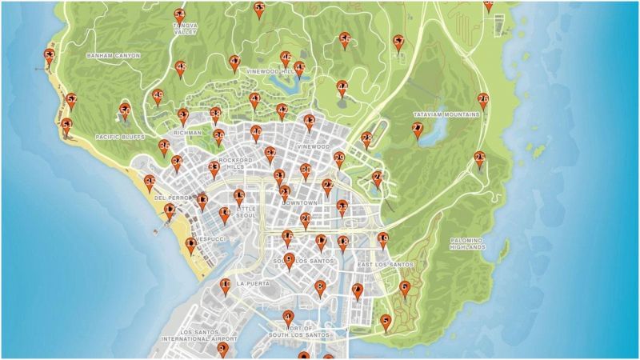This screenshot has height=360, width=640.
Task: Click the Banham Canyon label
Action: coord(113,56)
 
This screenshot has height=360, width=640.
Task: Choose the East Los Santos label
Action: coord(385,265)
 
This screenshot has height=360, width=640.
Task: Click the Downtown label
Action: coord(301,204)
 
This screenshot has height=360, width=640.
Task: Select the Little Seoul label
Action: coord(241,212)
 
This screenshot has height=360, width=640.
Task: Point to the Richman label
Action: coord(187,134)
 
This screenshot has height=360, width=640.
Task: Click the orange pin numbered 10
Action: coord(226,286)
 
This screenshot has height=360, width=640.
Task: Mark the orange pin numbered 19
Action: coord(383,238)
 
